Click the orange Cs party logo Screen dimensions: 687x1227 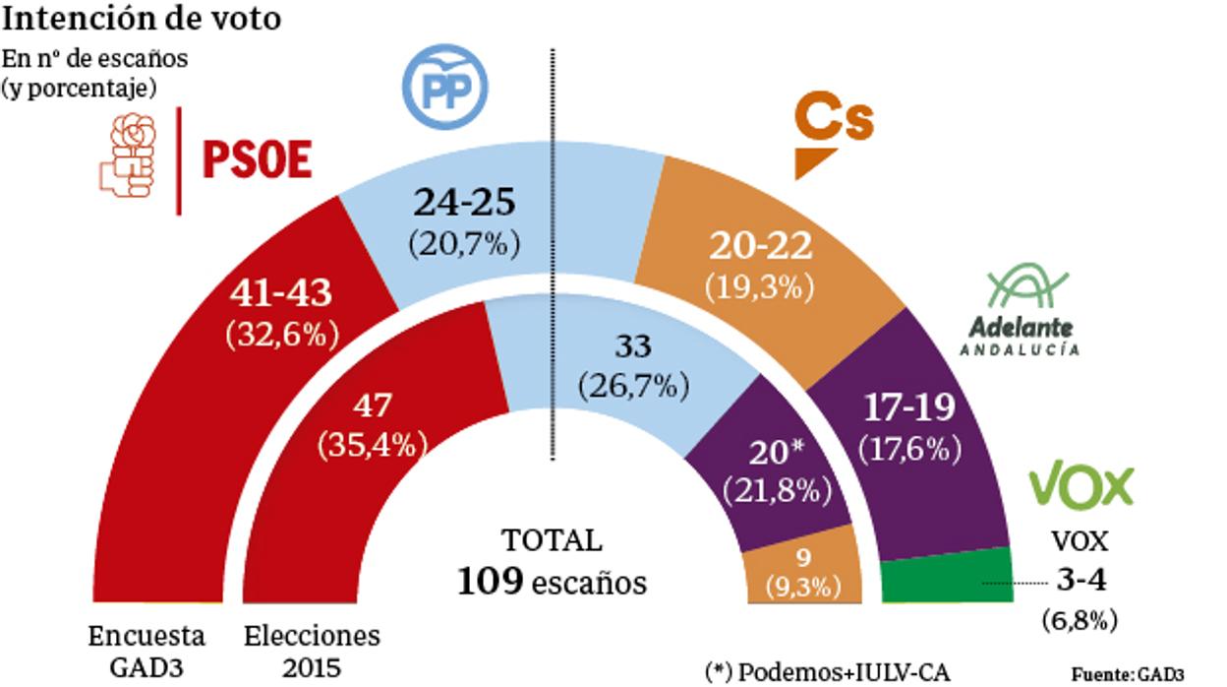pyautogui.click(x=832, y=135)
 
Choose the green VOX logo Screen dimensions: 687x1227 pyautogui.click(x=1081, y=486)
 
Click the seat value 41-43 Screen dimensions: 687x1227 pyautogui.click(x=281, y=293)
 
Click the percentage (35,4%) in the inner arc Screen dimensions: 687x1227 pyautogui.click(x=373, y=444)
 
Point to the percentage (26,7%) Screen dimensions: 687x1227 pyautogui.click(x=633, y=386)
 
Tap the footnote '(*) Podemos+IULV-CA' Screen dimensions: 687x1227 pyautogui.click(x=828, y=671)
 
